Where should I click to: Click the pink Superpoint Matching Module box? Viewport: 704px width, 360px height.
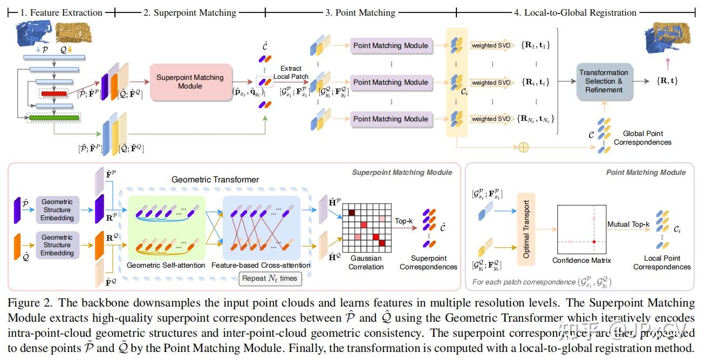coord(190,82)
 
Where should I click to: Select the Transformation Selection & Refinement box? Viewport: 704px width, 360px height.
coord(604,81)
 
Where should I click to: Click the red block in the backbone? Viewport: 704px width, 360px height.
coord(53,93)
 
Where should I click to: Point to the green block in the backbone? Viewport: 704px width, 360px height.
coord(53,117)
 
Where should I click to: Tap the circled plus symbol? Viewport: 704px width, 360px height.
coord(523,147)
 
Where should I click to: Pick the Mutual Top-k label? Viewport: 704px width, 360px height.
coord(628,224)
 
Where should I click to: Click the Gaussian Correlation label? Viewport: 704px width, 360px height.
coord(365,262)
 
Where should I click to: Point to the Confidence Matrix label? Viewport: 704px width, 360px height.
coord(582,260)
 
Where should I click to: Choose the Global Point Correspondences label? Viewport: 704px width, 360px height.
coord(643,138)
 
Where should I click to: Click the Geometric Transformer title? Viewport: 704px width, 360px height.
coord(215,179)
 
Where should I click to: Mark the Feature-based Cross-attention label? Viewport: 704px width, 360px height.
coord(261,265)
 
